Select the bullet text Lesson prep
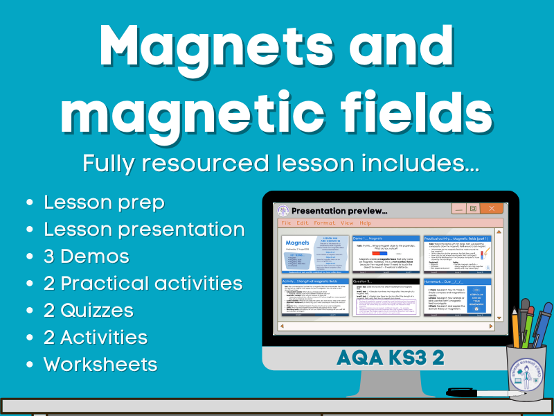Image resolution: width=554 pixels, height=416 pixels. (x=105, y=202)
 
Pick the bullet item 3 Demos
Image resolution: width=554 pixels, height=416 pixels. (x=87, y=257)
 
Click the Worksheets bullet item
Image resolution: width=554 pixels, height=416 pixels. (x=100, y=364)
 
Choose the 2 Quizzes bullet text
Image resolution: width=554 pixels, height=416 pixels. (x=89, y=310)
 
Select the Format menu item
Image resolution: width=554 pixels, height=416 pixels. (x=325, y=223)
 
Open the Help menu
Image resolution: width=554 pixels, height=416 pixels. (x=365, y=223)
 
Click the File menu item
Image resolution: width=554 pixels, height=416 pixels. (x=286, y=223)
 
